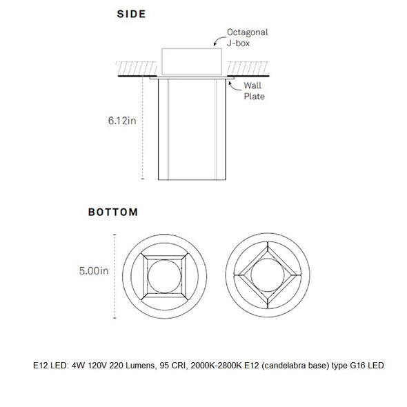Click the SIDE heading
point(131,14)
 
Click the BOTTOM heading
point(113,212)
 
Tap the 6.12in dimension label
point(122,121)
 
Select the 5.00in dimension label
point(94,270)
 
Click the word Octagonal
point(248,32)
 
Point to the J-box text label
point(238,43)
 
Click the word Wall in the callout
point(252,86)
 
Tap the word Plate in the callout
point(255,97)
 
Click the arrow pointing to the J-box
point(219,40)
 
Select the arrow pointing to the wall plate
point(233,87)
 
